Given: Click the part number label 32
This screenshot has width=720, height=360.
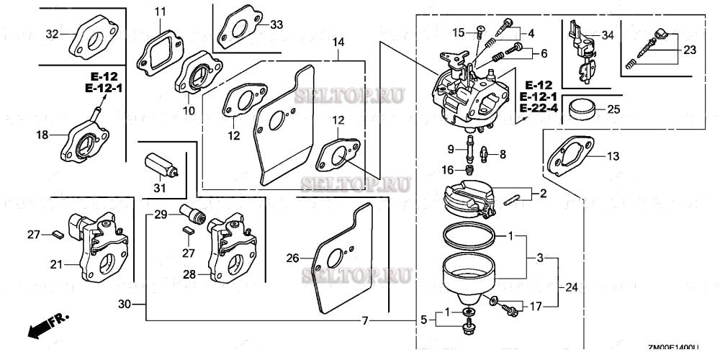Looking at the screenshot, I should click(52, 34).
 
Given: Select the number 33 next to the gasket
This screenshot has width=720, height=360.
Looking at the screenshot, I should click(276, 24).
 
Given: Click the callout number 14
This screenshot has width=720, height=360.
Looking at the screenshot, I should click(337, 43).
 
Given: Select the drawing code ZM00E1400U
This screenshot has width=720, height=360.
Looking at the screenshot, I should click(673, 346).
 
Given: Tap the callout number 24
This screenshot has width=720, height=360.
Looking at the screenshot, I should click(571, 287).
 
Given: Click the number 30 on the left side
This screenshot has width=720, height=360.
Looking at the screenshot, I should click(125, 305).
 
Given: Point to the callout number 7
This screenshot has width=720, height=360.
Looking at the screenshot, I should click(366, 320).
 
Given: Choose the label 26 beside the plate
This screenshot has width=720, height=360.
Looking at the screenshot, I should click(292, 258).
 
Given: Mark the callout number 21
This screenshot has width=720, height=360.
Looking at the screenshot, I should click(56, 264).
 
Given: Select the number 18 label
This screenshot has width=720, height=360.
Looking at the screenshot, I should click(42, 135).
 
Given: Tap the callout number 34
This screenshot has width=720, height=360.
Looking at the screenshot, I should click(608, 35).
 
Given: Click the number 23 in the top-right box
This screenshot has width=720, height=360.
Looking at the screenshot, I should click(690, 50).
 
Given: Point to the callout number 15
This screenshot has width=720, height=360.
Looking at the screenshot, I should click(459, 32).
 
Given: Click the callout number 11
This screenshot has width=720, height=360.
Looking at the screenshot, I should click(160, 11).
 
